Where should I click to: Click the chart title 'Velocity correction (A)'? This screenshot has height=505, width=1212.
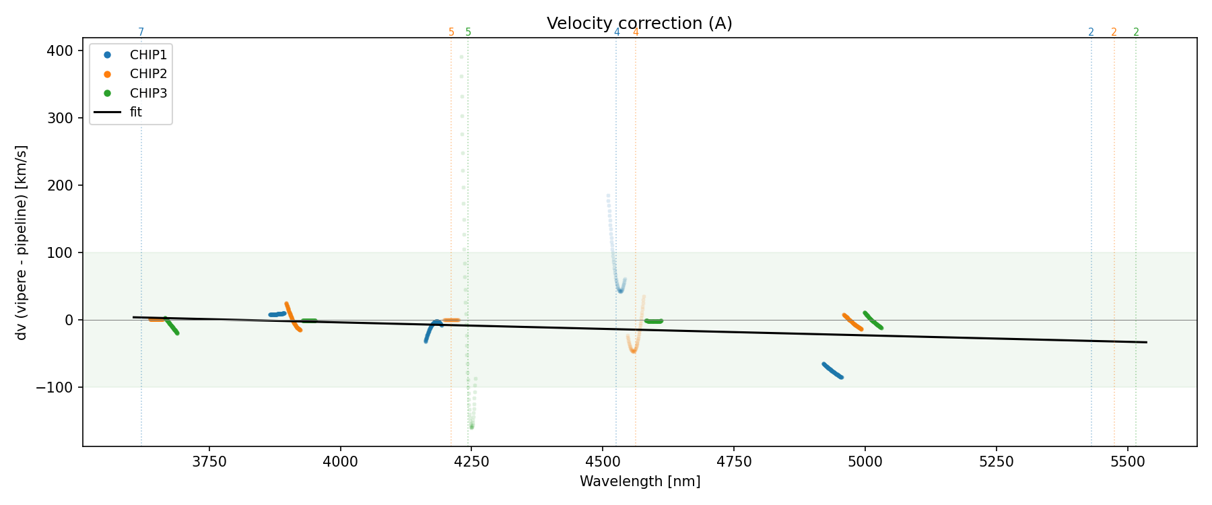click(x=639, y=24)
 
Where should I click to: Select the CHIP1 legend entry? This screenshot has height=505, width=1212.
click(x=148, y=55)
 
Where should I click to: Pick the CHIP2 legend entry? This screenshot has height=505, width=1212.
click(x=148, y=74)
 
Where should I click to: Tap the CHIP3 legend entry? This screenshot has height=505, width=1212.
click(x=148, y=93)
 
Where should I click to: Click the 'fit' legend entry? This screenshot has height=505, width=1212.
click(x=135, y=112)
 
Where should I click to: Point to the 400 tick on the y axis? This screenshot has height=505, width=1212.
click(x=65, y=51)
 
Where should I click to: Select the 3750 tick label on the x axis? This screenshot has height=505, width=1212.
click(x=209, y=462)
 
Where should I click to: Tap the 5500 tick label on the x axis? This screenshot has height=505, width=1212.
click(x=1127, y=462)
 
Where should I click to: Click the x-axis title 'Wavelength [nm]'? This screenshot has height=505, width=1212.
click(x=640, y=481)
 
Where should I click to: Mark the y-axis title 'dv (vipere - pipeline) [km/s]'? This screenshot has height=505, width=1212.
click(x=22, y=242)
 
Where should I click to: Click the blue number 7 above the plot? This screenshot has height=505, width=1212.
click(x=141, y=32)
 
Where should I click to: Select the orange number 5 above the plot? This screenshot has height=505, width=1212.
click(x=451, y=32)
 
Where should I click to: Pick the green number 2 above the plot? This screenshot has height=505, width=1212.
click(x=1136, y=32)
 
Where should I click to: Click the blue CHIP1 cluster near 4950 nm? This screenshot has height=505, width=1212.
click(x=832, y=371)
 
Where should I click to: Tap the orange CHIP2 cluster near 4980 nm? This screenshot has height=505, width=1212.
click(x=852, y=322)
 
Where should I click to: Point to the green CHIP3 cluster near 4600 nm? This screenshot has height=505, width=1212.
click(x=653, y=321)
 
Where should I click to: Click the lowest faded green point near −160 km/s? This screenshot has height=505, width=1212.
click(x=471, y=427)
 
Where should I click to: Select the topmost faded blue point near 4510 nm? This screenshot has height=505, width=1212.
click(x=608, y=196)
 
